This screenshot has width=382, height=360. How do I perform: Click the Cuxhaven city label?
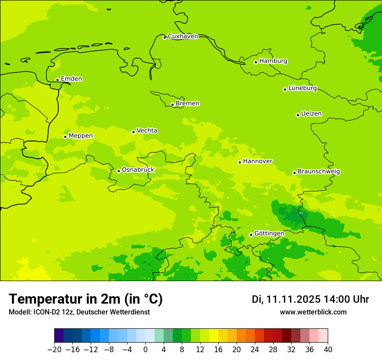point(183,36)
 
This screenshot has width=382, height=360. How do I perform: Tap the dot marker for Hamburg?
point(256,62)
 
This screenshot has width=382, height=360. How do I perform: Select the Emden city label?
point(71,79)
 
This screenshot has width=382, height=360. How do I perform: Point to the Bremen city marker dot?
point(172,105)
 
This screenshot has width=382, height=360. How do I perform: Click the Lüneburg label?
point(303,88)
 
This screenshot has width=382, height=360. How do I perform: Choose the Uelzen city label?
point(311,114)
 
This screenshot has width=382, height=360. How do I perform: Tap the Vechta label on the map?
point(147,131)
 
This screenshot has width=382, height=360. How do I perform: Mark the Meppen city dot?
point(65,137)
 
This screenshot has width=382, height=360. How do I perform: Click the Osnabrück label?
point(138,170)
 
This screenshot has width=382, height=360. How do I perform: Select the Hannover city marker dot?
point(240,162)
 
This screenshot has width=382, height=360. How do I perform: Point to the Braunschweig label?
point(319,172)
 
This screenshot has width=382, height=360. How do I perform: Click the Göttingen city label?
point(269,234)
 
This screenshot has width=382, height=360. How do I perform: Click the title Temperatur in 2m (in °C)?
point(86,299)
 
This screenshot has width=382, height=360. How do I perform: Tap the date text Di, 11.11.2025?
point(286,299)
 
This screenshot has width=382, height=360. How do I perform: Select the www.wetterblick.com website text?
point(313,312)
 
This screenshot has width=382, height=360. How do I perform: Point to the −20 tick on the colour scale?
point(54,350)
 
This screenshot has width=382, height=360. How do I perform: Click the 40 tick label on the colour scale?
point(328,350)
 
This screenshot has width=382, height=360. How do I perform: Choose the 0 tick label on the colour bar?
point(145,350)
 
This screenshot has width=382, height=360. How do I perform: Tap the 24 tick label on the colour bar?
point(255,350)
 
